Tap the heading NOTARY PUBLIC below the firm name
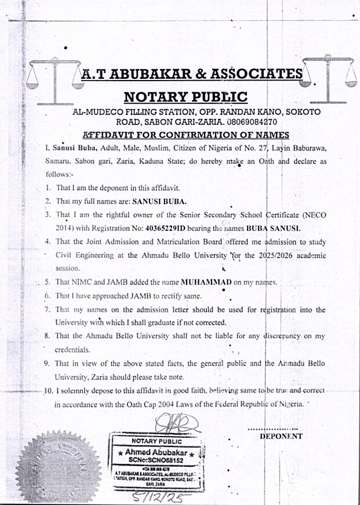[x=186, y=96]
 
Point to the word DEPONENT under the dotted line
[x=281, y=435]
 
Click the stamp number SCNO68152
[x=157, y=460]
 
